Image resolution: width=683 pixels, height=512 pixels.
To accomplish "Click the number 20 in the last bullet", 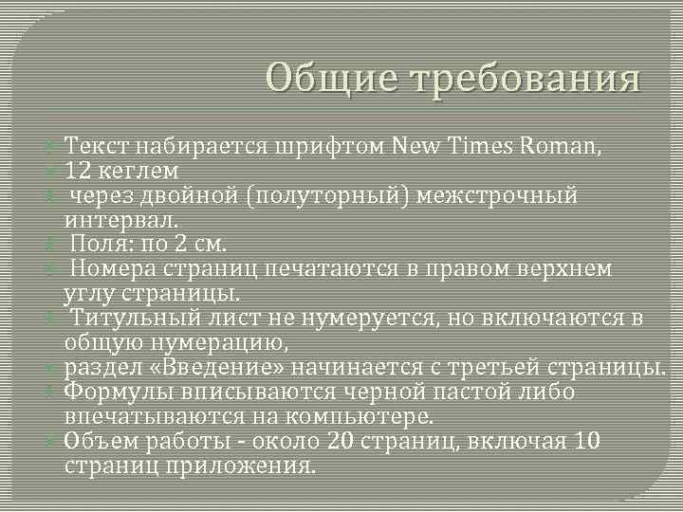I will [339, 441].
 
